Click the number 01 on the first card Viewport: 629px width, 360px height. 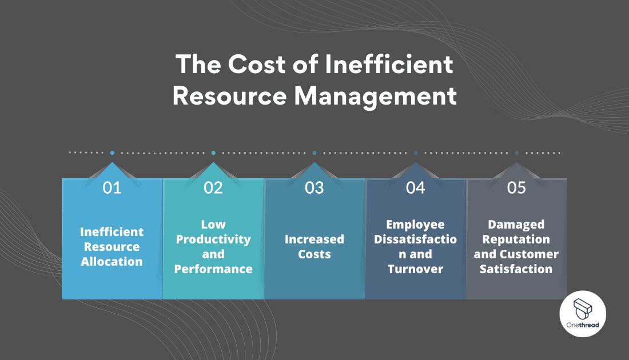[112, 187]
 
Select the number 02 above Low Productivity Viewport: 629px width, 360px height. [213, 187]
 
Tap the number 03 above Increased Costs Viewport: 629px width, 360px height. [314, 187]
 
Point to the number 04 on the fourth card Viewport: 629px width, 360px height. [416, 187]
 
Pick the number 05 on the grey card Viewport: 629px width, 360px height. [516, 187]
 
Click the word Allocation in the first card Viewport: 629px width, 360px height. [112, 262]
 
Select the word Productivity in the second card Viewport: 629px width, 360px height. [213, 239]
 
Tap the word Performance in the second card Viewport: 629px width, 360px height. [213, 269]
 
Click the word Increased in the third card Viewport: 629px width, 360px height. [314, 239]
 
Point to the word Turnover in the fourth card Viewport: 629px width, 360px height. [416, 269]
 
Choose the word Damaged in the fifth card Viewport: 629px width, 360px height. [516, 224]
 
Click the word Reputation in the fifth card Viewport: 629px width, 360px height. [516, 239]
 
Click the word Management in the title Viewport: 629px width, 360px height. [376, 96]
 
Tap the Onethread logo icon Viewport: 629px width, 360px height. [583, 309]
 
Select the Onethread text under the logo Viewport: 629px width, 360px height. [583, 325]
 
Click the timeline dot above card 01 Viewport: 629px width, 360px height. [112, 153]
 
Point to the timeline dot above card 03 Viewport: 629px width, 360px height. [314, 153]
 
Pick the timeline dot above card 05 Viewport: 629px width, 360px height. [517, 153]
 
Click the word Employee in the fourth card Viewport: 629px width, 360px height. [416, 224]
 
